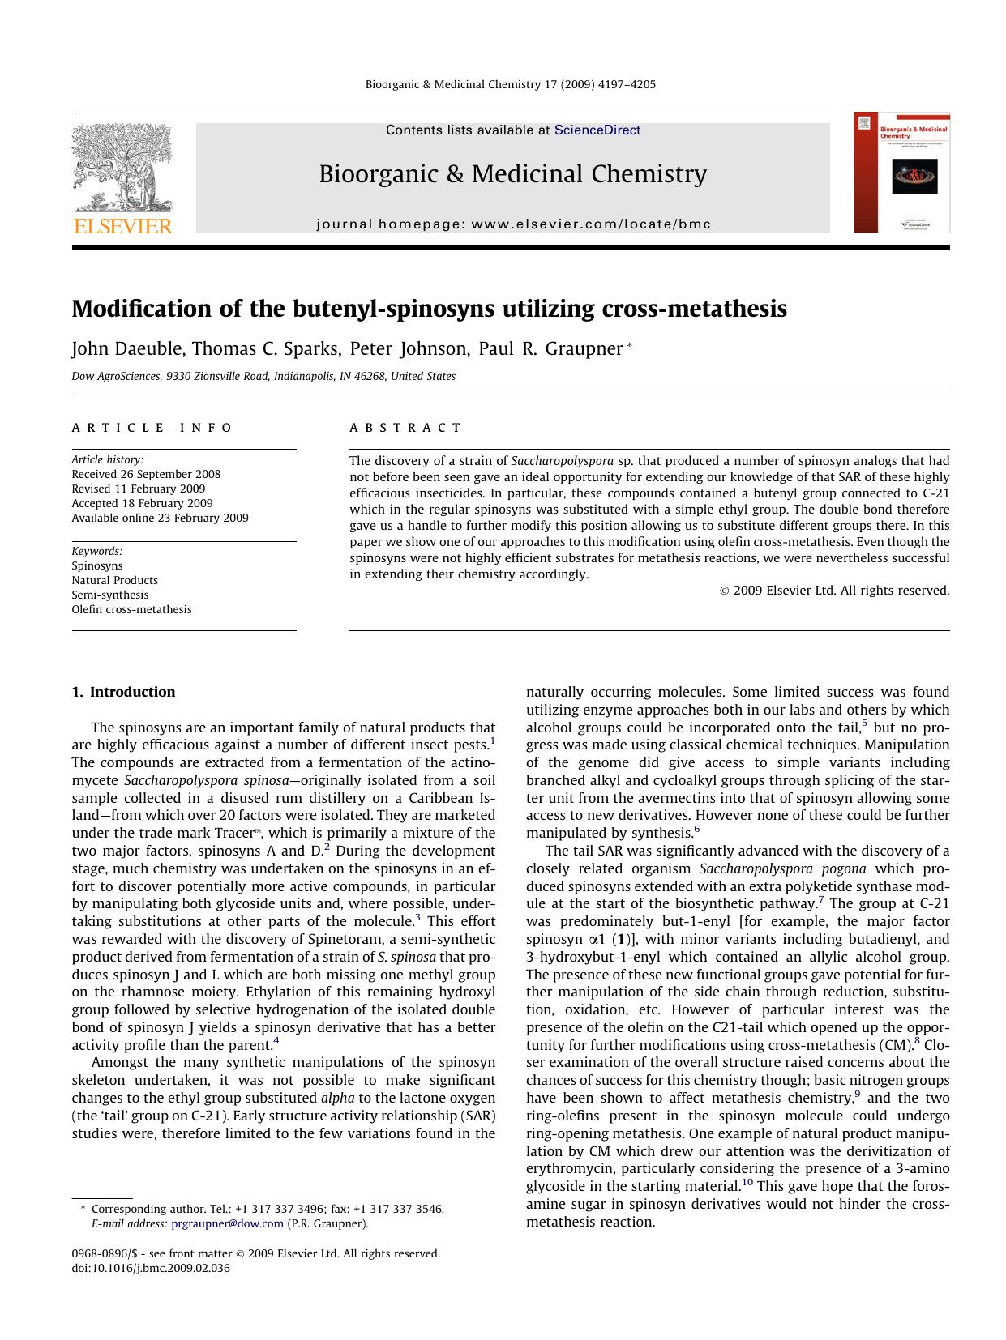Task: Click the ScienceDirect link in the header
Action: (597, 130)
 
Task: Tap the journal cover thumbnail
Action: (901, 173)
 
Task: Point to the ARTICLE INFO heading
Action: (152, 428)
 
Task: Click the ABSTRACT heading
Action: (405, 428)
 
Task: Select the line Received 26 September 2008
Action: (146, 474)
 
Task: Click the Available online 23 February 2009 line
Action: (160, 518)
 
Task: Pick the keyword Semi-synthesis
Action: (110, 595)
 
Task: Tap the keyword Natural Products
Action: (114, 580)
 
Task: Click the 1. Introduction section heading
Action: (123, 692)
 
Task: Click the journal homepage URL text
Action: (513, 224)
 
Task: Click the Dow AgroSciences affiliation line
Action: (263, 376)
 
